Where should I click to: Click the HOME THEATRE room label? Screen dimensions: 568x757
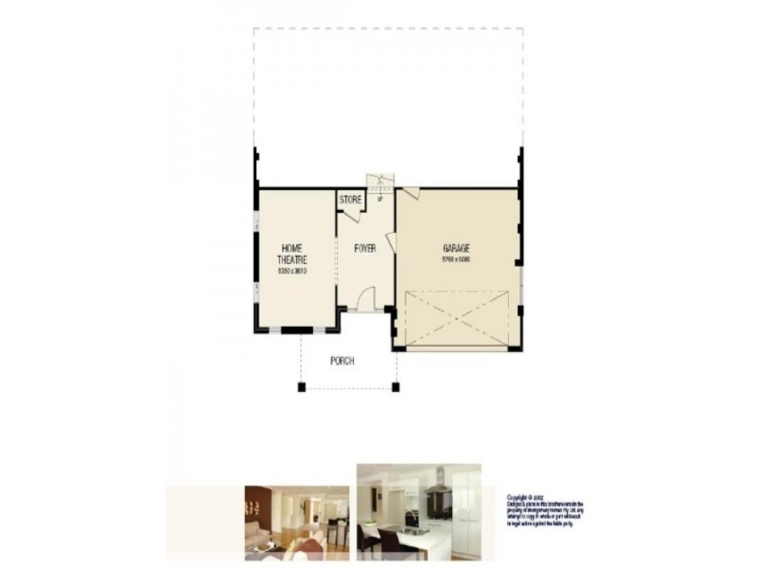tap(290, 254)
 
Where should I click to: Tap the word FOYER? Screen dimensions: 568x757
tap(365, 248)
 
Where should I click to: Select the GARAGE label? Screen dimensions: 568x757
tap(456, 248)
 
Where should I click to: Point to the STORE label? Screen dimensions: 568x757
tap(350, 200)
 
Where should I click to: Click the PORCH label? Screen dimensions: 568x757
tap(342, 361)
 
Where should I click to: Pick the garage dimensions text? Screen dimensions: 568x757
tap(456, 258)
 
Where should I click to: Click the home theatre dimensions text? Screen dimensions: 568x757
tap(291, 271)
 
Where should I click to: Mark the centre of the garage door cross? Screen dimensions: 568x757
tap(457, 318)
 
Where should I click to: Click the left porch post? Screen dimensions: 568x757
tap(302, 387)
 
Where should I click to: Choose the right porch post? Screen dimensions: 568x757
tap(396, 387)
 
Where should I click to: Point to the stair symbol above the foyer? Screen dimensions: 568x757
tap(380, 183)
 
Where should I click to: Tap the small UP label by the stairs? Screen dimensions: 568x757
tap(379, 199)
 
